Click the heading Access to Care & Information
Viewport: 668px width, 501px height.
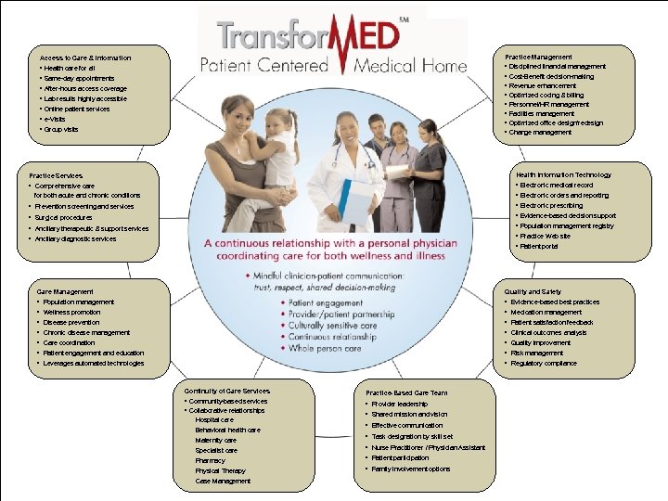(x=85, y=58)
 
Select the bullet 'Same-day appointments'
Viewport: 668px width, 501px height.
(x=80, y=78)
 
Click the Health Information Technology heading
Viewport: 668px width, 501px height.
(x=563, y=174)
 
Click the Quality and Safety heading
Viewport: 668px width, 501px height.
(x=533, y=291)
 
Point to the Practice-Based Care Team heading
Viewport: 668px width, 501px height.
(x=406, y=392)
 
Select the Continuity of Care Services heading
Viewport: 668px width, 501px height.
(x=227, y=391)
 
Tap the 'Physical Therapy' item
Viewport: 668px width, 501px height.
(x=220, y=470)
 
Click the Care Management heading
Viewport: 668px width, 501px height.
(x=65, y=291)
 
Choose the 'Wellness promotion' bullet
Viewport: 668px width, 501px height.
(x=72, y=312)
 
